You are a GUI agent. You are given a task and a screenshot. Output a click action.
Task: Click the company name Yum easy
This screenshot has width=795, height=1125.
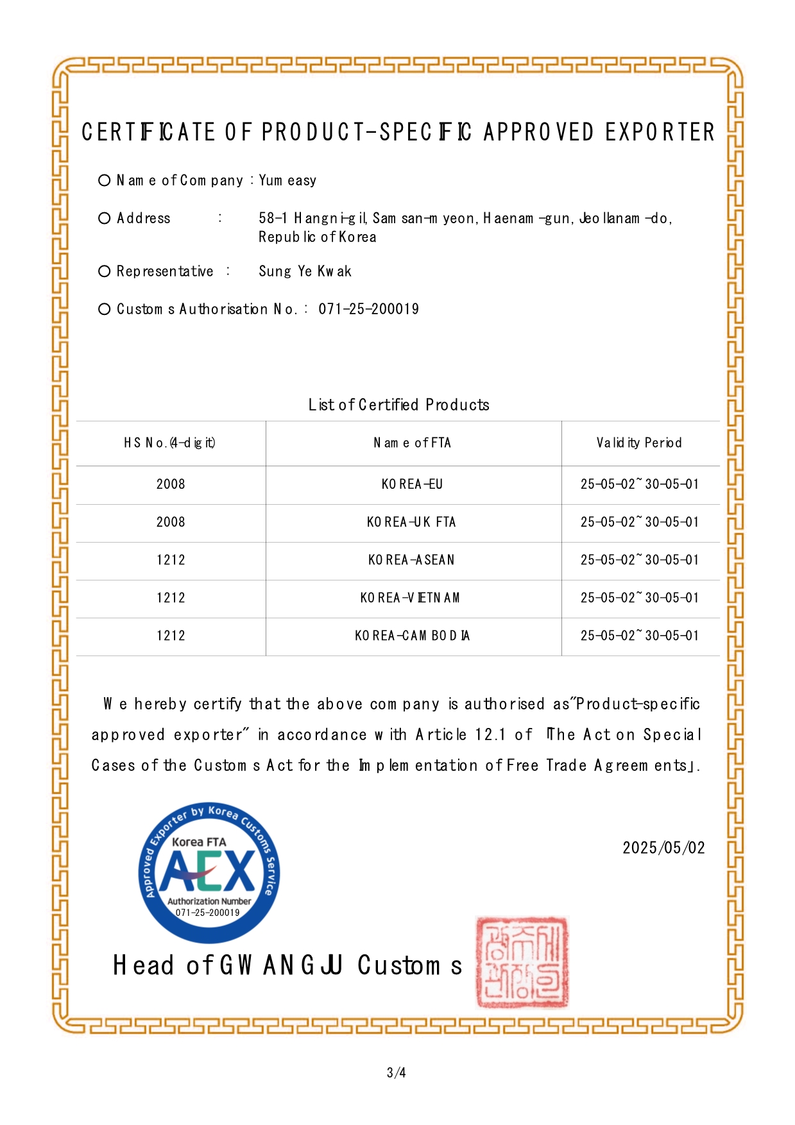pyautogui.click(x=287, y=181)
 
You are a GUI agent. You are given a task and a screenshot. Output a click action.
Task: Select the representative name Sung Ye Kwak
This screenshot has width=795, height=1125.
pyautogui.click(x=305, y=271)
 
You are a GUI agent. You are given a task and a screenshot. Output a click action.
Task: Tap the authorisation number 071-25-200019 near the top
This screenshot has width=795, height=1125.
pyautogui.click(x=368, y=309)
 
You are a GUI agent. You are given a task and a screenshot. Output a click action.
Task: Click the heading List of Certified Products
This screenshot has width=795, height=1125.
pyautogui.click(x=398, y=405)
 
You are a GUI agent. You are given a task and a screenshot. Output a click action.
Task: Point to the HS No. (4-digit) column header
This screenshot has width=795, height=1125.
pyautogui.click(x=170, y=443)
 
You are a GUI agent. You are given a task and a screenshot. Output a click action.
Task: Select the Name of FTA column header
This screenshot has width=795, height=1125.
pyautogui.click(x=413, y=443)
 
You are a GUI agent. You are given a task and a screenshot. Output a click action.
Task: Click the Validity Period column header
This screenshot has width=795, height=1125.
pyautogui.click(x=639, y=443)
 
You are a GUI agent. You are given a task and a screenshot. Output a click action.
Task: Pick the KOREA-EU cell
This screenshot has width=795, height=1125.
pyautogui.click(x=413, y=484)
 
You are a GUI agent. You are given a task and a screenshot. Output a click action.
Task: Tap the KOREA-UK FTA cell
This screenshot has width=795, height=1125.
pyautogui.click(x=411, y=522)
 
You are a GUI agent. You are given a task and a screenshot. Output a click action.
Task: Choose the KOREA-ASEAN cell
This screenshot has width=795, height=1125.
pyautogui.click(x=411, y=560)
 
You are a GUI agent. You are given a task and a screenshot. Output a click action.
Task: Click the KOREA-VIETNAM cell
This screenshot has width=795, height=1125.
pyautogui.click(x=410, y=598)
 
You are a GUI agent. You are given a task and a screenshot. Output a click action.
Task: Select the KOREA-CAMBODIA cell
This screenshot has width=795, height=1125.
pyautogui.click(x=413, y=636)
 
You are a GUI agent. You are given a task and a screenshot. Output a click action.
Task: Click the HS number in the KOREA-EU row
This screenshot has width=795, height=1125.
pyautogui.click(x=171, y=484)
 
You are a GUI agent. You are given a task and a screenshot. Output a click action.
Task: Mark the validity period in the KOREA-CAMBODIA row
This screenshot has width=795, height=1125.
pyautogui.click(x=639, y=636)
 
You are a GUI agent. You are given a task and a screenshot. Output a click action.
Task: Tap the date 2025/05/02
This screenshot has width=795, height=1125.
pyautogui.click(x=663, y=848)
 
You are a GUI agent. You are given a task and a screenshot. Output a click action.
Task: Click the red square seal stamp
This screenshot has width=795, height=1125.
pyautogui.click(x=522, y=962)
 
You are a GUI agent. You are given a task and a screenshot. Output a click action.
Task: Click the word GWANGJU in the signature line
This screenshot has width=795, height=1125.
pyautogui.click(x=281, y=965)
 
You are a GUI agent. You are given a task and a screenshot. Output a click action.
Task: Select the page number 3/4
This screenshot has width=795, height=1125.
pyautogui.click(x=397, y=1072)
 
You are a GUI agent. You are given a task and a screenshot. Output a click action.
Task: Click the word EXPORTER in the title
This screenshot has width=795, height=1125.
pyautogui.click(x=660, y=132)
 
